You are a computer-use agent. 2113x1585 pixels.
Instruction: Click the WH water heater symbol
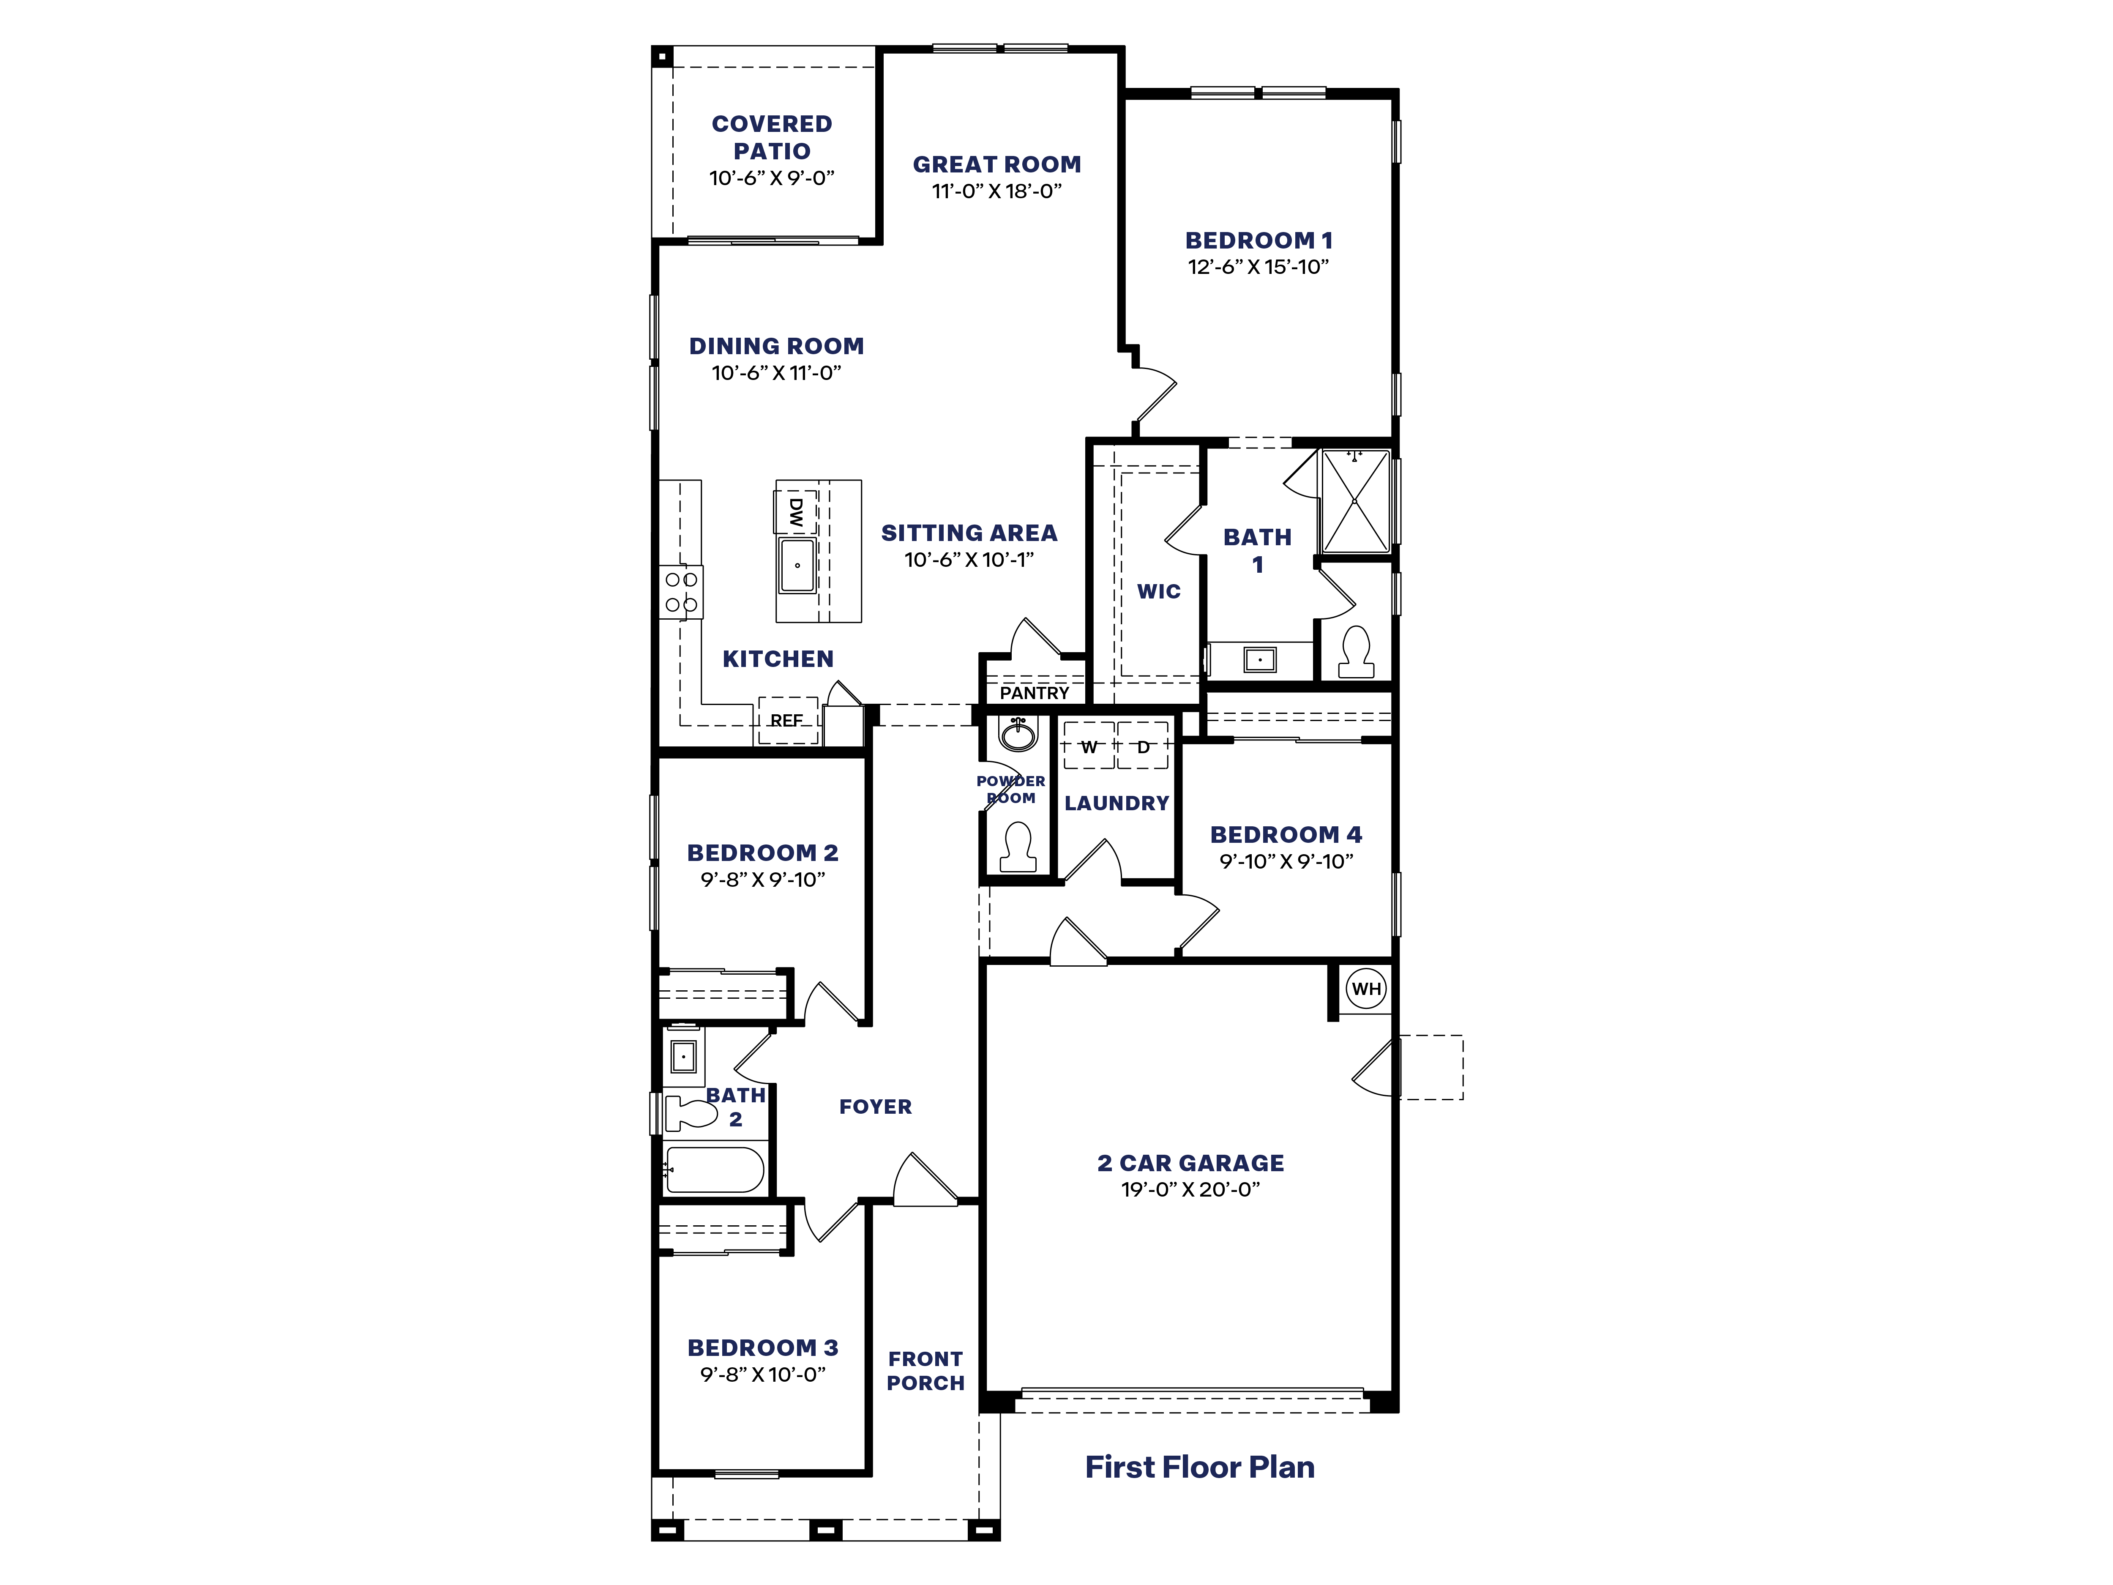(1366, 989)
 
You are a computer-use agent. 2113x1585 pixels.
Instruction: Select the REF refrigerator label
(786, 720)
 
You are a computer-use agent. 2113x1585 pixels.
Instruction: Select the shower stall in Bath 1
(1354, 500)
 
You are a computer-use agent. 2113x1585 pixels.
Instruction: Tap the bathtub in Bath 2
(715, 1170)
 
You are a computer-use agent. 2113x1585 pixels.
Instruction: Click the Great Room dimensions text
(996, 191)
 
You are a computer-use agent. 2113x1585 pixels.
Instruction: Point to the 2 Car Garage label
(1190, 1163)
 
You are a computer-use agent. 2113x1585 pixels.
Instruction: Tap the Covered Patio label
(772, 137)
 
